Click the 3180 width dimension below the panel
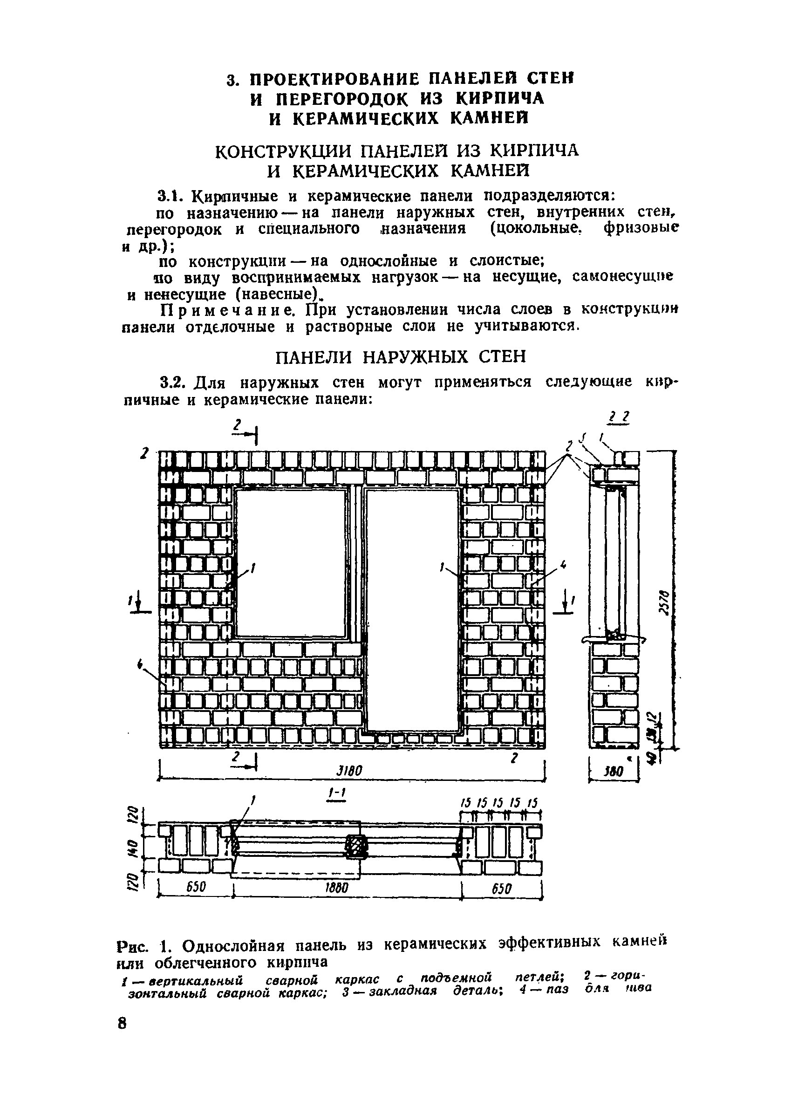[x=349, y=772]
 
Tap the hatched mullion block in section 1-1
[x=356, y=847]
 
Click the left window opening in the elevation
[x=292, y=563]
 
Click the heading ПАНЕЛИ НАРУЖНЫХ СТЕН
[x=401, y=357]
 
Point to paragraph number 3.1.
[x=170, y=197]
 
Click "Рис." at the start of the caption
[x=130, y=946]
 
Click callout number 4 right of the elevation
[x=563, y=565]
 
